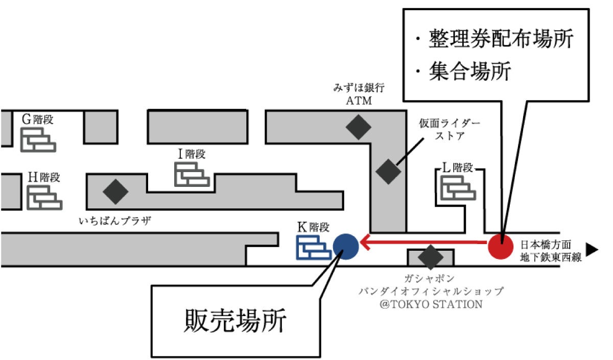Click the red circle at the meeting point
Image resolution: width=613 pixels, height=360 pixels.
coord(500,246)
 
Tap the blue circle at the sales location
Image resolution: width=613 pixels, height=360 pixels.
coord(345,246)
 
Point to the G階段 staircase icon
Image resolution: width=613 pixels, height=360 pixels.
coord(38,139)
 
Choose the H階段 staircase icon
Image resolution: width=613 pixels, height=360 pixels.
coord(44,197)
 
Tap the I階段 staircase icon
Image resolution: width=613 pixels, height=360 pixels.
coord(192,174)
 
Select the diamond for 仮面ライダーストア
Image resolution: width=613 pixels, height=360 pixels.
coord(389,172)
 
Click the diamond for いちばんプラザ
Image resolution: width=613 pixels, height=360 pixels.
coord(115,191)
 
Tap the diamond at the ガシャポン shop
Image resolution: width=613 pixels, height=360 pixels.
coord(430,257)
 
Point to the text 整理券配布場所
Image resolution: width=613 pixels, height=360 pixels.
coord(501,39)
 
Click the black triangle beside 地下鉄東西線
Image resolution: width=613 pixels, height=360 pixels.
coord(592,250)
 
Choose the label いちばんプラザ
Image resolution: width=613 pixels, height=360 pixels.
coord(115,221)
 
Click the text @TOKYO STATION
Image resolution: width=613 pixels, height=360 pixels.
coord(431,304)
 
